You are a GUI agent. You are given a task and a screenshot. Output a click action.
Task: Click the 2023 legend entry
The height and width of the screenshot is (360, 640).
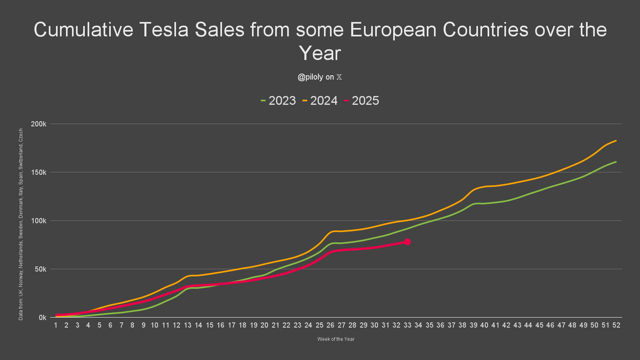coord(278,100)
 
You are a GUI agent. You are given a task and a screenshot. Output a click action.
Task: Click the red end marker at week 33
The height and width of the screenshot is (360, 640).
coord(407,242)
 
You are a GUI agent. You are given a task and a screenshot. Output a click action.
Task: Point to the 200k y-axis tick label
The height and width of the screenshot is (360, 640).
coord(40,124)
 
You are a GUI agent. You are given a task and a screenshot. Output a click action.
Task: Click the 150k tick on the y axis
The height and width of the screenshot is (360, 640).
coord(40,172)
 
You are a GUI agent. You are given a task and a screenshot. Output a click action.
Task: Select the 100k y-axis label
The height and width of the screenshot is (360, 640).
coord(40,221)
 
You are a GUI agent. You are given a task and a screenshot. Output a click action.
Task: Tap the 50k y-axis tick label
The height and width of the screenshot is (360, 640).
coord(42,269)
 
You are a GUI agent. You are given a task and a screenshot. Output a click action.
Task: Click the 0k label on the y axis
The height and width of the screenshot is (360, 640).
coord(43,318)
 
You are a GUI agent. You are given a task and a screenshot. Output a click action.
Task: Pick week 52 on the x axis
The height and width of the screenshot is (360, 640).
coord(616,326)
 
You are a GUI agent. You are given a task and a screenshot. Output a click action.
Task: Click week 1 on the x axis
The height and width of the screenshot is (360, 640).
coord(55,326)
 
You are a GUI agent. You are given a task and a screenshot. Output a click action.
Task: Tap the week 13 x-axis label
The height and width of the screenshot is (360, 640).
coord(187,326)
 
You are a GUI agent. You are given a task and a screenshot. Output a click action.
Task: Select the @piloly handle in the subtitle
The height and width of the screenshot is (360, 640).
coord(313,77)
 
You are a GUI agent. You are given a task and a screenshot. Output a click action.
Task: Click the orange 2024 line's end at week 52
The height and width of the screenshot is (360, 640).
coord(616,141)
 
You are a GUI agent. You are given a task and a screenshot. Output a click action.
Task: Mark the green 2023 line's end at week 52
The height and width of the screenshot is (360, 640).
coord(616,162)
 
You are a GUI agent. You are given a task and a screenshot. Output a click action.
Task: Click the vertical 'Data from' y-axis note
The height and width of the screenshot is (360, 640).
coord(20,224)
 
